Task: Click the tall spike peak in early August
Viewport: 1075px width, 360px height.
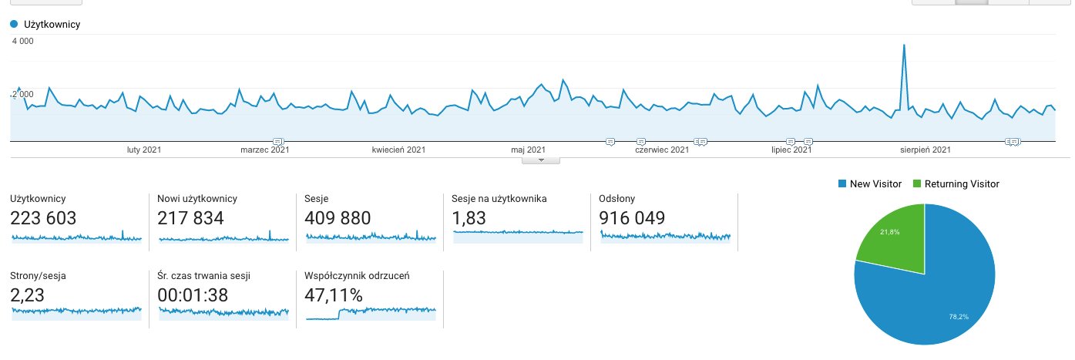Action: pyautogui.click(x=903, y=45)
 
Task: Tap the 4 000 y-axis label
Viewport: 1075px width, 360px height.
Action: pyautogui.click(x=22, y=42)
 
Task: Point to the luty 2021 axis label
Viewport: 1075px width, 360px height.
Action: pyautogui.click(x=144, y=150)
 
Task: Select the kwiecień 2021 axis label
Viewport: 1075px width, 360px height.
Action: pyautogui.click(x=398, y=150)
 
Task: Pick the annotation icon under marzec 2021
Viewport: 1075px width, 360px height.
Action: pyautogui.click(x=278, y=141)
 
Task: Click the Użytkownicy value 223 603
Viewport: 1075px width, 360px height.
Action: pyautogui.click(x=43, y=218)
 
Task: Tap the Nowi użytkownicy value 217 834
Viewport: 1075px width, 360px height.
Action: pyautogui.click(x=190, y=218)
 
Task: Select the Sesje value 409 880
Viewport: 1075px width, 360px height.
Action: pyautogui.click(x=338, y=218)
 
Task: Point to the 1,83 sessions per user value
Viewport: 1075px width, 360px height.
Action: pyautogui.click(x=469, y=218)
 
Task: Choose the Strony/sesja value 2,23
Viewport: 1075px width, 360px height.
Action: pyautogui.click(x=28, y=294)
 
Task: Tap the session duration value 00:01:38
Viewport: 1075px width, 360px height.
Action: pyautogui.click(x=195, y=294)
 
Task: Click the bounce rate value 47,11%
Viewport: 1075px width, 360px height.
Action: pyautogui.click(x=334, y=294)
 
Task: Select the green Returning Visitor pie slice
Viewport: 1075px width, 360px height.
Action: pyautogui.click(x=894, y=239)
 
